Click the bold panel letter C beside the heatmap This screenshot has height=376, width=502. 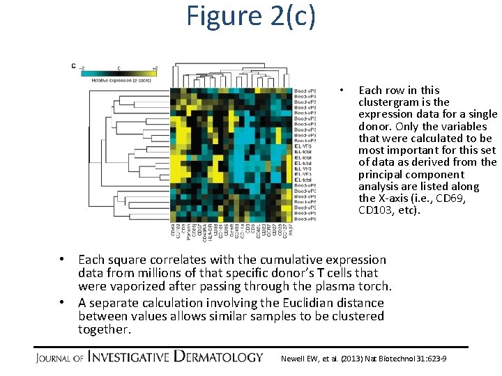(x=73, y=66)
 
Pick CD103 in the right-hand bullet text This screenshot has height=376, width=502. (x=380, y=210)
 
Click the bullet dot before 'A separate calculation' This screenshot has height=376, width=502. (x=62, y=303)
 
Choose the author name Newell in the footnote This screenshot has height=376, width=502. (x=292, y=359)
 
